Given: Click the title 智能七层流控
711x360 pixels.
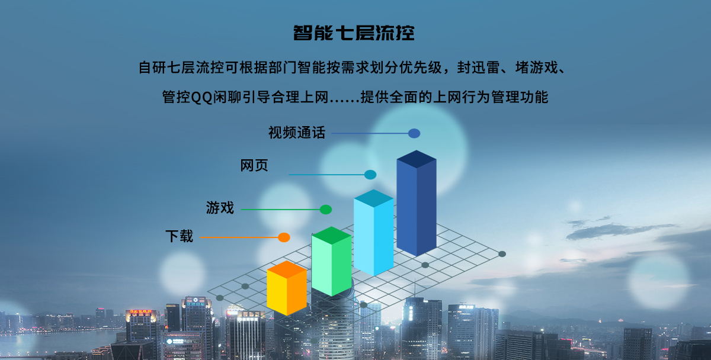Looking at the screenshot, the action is point(354,33).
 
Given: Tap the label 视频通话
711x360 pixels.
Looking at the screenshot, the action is point(297,133).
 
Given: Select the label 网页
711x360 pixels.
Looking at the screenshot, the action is point(254,166).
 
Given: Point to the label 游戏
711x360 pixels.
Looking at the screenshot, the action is point(220,208).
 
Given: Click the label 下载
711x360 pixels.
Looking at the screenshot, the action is point(180,236).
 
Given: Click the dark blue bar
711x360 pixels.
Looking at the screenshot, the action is point(417,203).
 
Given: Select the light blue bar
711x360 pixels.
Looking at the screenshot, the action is point(374,233).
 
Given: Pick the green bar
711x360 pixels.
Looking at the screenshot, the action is point(331,261).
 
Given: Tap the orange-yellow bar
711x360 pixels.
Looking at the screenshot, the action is point(287,288).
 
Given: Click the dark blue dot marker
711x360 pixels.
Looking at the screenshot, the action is point(414,134).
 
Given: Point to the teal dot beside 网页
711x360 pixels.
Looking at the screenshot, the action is point(370,175).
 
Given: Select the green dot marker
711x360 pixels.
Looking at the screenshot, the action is point(326,210).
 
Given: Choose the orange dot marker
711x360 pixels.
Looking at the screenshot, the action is point(284,237).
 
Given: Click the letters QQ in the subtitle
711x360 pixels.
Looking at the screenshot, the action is point(202,97).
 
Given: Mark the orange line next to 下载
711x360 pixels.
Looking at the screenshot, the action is point(239,237).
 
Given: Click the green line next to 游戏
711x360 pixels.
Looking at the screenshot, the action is point(280,210).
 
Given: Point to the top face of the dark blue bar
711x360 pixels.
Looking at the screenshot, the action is point(417,159).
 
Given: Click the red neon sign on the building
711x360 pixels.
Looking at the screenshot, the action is point(140,312).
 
